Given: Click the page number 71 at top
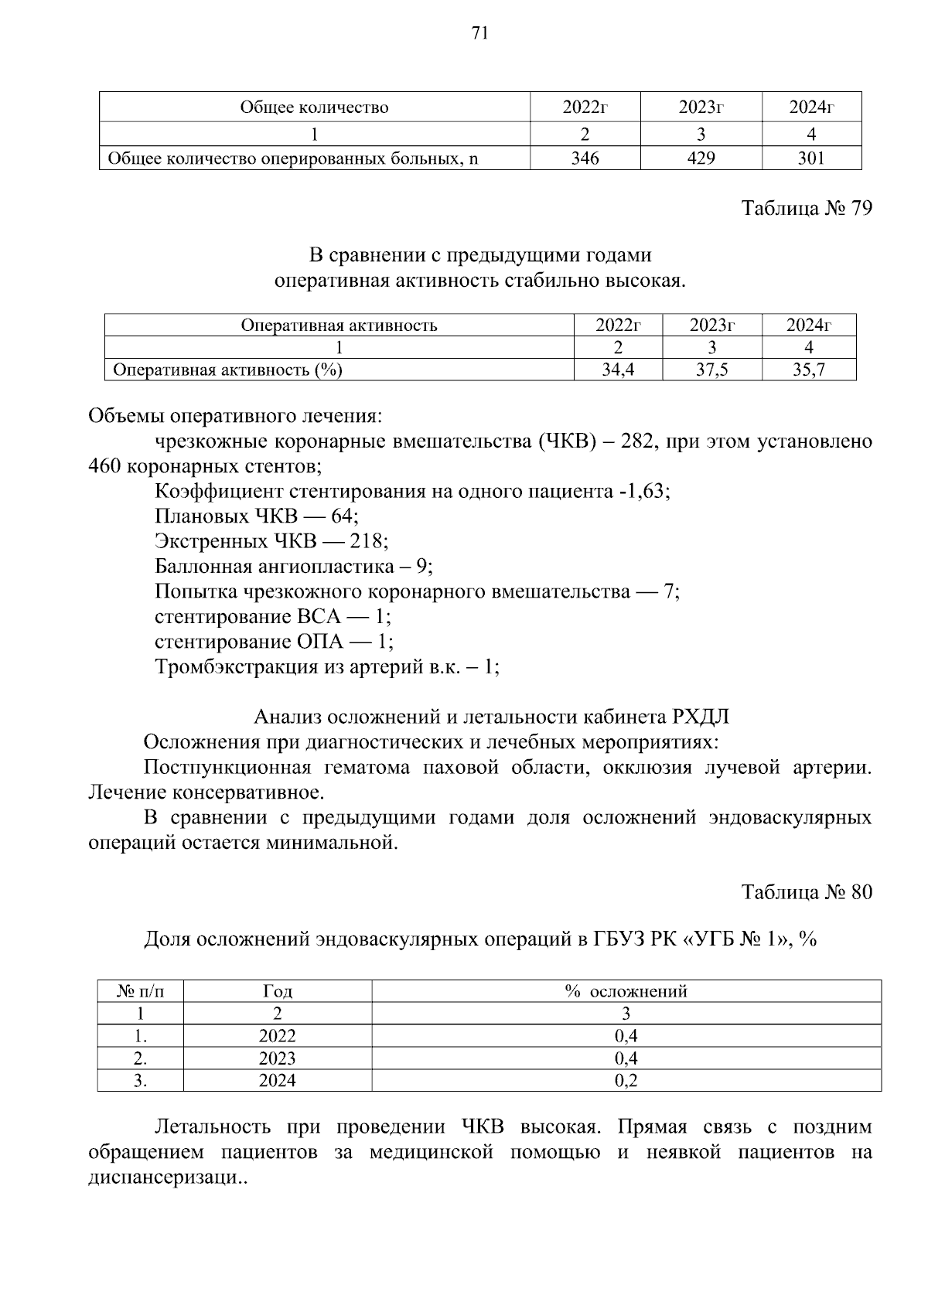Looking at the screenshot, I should click(x=479, y=32).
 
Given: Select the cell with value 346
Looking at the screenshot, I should click(x=585, y=158).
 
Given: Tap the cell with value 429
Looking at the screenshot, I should click(x=701, y=158).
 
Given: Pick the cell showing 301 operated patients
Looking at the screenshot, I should click(x=811, y=158).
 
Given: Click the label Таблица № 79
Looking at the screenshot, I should click(x=807, y=208).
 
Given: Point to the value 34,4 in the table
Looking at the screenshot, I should click(x=618, y=370).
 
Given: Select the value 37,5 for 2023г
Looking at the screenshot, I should click(x=711, y=370).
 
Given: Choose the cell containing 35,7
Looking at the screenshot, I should click(x=809, y=370).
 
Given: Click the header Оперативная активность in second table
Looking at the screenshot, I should click(x=339, y=325).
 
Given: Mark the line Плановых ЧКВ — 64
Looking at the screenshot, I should click(x=257, y=516).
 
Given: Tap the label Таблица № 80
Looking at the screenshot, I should click(x=807, y=892).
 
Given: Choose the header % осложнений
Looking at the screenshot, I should click(x=626, y=991).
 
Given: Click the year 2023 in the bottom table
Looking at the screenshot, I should click(x=277, y=1058).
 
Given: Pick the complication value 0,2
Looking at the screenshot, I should click(x=626, y=1081).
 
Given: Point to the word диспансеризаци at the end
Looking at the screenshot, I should click(x=163, y=1177).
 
